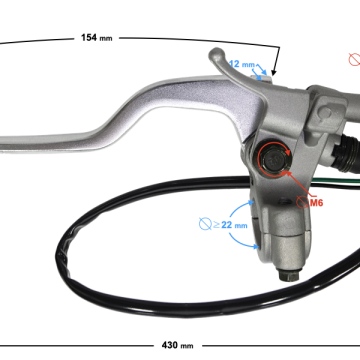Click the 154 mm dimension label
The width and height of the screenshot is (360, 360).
97,38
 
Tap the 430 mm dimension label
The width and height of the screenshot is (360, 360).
177,345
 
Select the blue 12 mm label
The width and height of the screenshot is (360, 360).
242,64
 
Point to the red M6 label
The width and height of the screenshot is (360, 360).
316,202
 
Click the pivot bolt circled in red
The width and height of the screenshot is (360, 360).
274,159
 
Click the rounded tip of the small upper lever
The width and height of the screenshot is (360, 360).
216,54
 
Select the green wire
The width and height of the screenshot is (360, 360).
336,181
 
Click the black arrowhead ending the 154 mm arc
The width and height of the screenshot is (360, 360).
274,72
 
